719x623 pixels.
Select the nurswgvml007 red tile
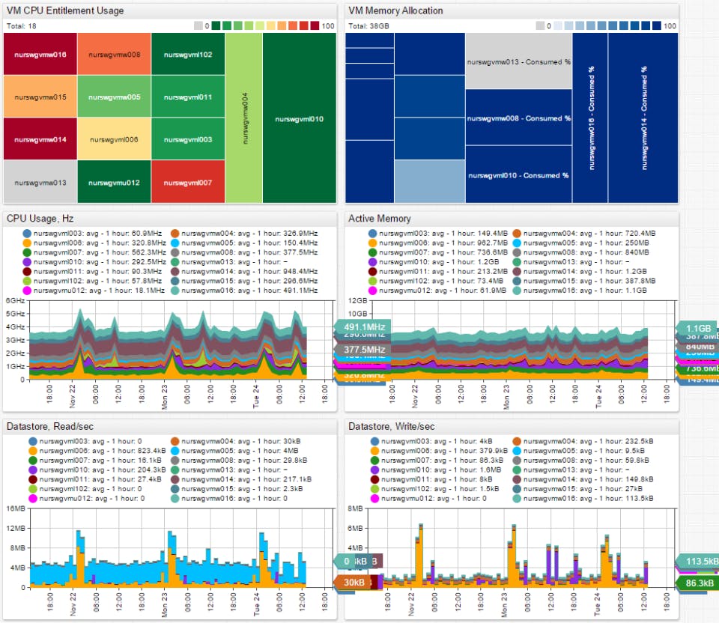(188, 182)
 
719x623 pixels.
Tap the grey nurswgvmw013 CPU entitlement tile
(40, 182)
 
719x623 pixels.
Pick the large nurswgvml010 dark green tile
(299, 118)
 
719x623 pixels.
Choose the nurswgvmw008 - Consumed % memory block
(518, 118)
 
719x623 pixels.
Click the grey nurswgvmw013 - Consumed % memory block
(518, 61)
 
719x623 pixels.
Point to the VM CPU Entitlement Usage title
(65, 11)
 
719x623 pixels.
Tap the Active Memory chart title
(379, 219)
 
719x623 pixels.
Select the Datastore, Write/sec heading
(391, 427)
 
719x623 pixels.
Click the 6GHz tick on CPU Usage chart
(16, 300)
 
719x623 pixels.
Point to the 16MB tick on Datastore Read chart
(16, 508)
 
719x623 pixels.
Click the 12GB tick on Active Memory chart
(357, 300)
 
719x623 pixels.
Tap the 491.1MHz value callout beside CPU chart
(364, 327)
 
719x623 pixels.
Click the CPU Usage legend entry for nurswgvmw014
(243, 272)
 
